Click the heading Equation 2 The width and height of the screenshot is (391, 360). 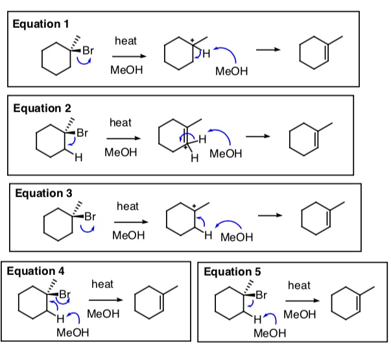[x=42, y=108]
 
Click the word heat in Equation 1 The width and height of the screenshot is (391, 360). [x=125, y=41]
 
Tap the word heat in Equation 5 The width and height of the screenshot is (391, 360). [x=299, y=285]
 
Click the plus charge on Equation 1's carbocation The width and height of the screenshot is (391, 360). [x=193, y=41]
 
